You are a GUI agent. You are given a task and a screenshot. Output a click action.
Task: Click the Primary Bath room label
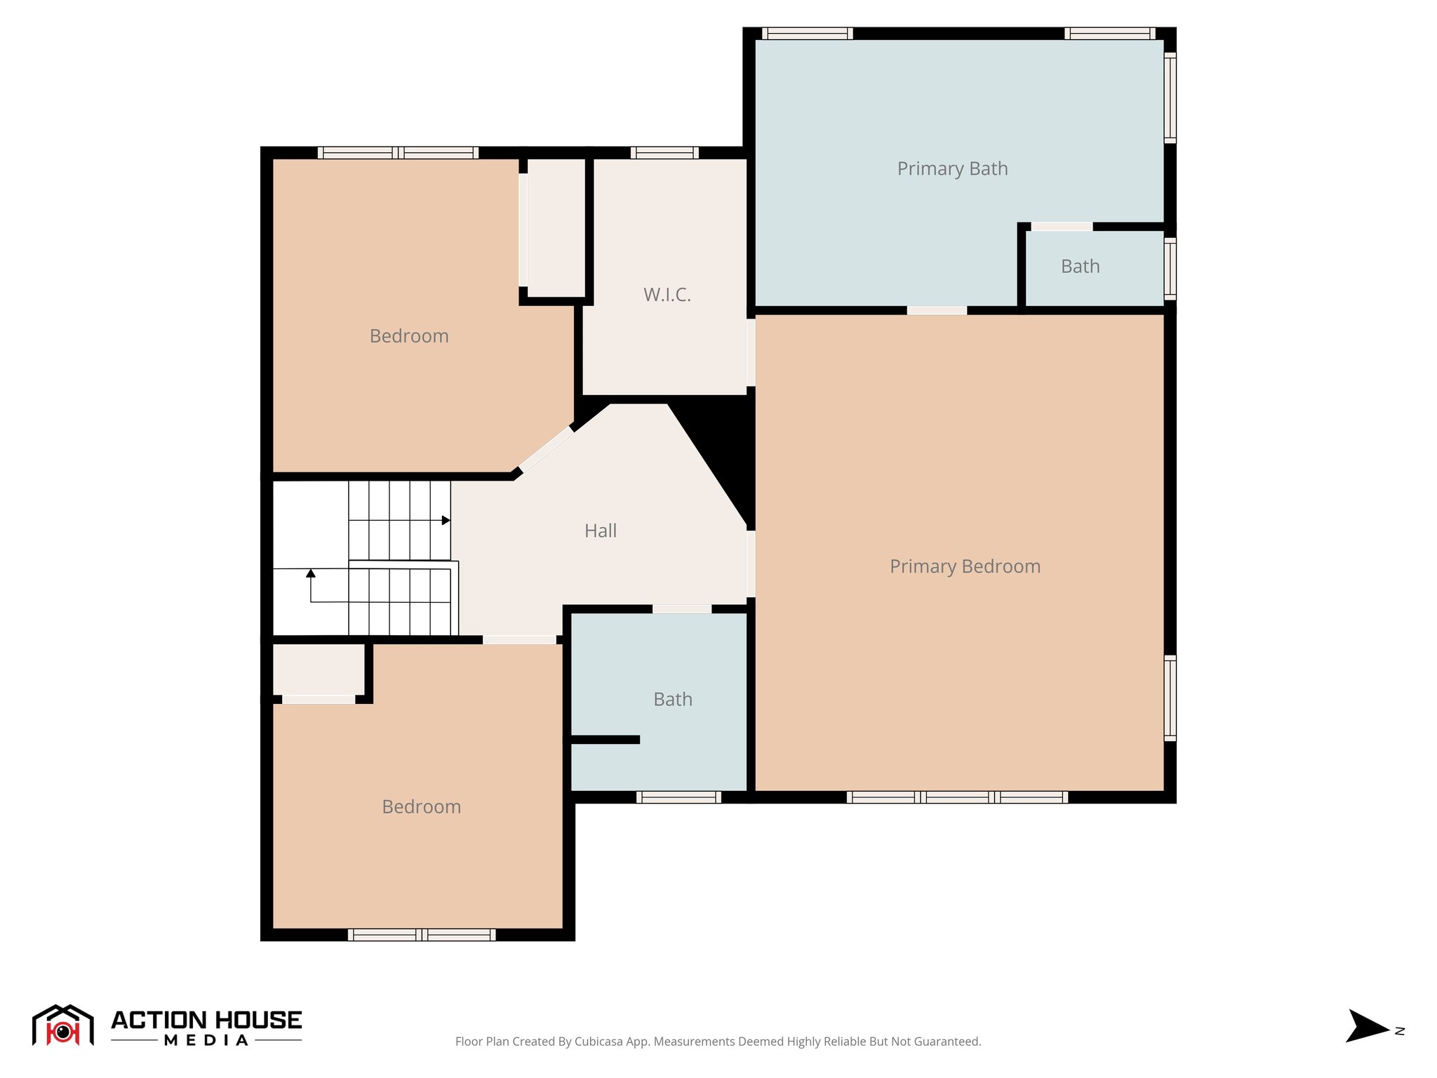952,168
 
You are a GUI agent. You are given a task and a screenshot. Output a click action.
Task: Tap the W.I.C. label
667,295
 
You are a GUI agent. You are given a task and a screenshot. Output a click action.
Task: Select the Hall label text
601,531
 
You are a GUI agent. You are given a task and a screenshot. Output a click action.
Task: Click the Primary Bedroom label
965,566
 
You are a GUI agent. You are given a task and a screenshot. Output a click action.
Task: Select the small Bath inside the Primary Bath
1081,267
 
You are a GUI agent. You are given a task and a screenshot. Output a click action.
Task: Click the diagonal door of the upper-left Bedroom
546,449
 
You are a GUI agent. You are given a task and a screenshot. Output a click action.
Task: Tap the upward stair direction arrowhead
311,573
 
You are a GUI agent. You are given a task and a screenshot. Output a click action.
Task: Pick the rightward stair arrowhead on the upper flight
446,520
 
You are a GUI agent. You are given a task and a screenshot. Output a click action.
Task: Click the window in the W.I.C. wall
664,152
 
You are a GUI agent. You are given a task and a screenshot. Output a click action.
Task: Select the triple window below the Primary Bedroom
957,797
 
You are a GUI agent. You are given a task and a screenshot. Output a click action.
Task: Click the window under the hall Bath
679,797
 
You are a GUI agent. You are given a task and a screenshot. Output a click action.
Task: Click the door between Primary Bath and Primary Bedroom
937,310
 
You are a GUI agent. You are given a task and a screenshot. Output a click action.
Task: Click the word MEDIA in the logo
206,1040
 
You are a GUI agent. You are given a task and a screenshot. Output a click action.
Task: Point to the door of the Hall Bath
682,608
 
